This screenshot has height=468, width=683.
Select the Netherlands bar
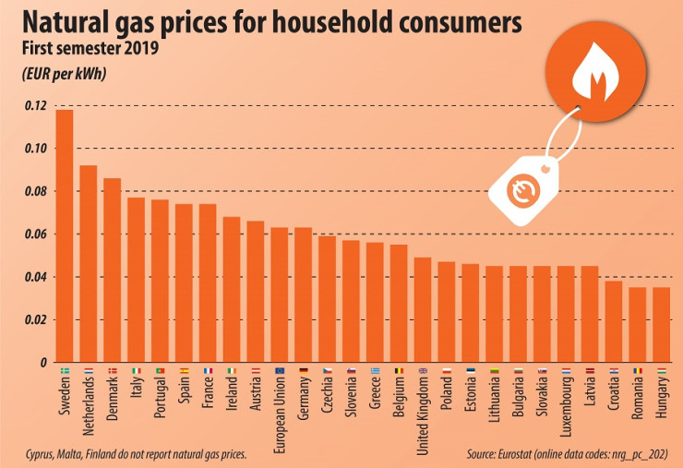pos(89,263)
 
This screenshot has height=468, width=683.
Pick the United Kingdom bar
pos(422,309)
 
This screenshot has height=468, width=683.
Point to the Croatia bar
pos(613,321)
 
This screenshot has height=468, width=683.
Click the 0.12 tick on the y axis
pos(34,106)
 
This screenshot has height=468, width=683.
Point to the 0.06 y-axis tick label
pos(34,234)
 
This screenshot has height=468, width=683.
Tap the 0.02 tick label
pos(34,320)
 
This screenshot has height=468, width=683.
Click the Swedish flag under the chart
pos(64,371)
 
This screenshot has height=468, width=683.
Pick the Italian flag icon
pos(136,371)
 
